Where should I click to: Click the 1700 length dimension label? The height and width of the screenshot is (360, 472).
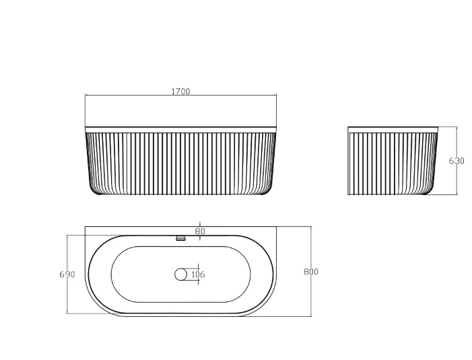pos(180,92)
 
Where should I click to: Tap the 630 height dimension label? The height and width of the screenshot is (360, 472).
pos(457,161)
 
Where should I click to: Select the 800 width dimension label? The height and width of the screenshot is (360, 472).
pos(311,272)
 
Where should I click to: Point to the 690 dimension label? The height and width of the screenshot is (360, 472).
pos(67,275)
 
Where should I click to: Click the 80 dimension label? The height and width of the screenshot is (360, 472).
pos(200,231)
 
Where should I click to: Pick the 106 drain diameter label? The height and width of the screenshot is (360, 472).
pos(198,275)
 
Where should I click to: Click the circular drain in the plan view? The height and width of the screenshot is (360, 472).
pos(180,275)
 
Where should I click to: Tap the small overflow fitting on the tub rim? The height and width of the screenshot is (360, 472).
pos(180,238)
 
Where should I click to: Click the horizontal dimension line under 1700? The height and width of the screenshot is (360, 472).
pos(180,96)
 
